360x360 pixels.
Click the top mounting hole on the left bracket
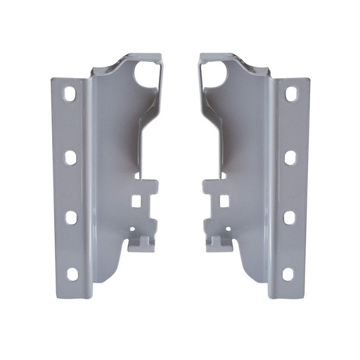coord(71,94)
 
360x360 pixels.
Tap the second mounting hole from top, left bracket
coord(70,157)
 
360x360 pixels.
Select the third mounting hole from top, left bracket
coord(71,217)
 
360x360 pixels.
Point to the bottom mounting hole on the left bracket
coord(72,274)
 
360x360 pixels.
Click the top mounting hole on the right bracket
coord(290,94)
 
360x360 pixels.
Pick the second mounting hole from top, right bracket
coord(290,157)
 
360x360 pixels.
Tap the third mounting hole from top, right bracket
coord(289,217)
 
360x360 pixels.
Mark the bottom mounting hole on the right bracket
coord(288,274)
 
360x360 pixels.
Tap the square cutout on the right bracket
coord(224,201)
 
